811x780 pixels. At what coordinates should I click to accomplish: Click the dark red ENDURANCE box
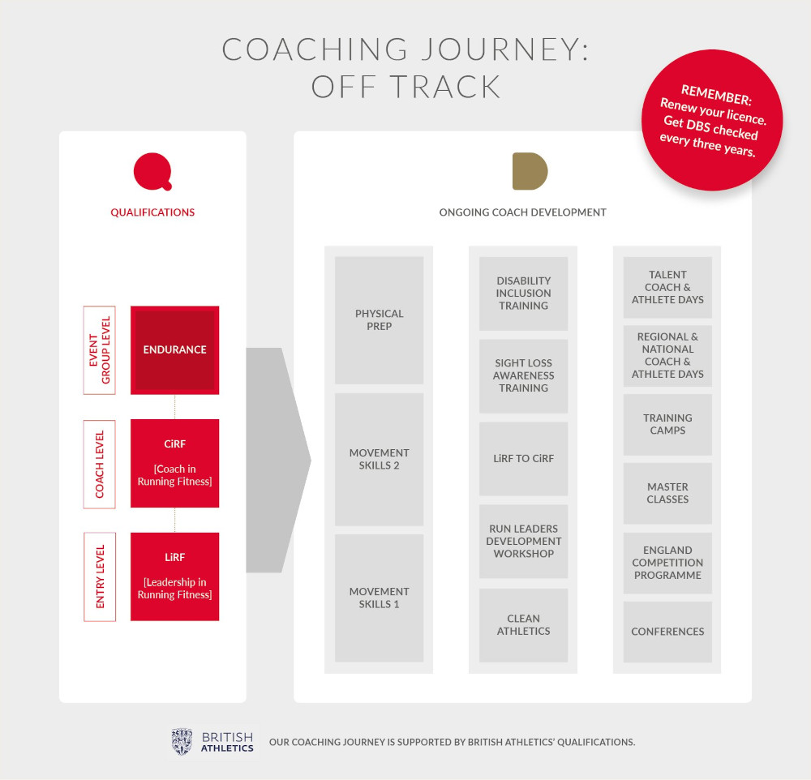coord(175,350)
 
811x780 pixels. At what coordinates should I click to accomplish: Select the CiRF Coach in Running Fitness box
coord(175,463)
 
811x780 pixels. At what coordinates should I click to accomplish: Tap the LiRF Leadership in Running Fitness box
coord(175,576)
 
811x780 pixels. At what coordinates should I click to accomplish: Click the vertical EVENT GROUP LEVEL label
coord(99,350)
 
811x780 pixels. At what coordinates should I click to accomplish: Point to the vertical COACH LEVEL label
coord(99,464)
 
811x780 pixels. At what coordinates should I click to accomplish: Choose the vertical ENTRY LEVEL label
coord(99,576)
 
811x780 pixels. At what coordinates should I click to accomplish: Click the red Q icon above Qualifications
coord(152,171)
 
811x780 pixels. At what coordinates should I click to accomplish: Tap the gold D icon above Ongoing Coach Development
coord(530,171)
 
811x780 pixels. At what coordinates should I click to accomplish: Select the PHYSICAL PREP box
coord(379,320)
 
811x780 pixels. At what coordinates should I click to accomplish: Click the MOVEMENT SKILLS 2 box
coord(379,459)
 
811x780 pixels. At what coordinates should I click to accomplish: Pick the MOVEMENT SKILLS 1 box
coord(379,598)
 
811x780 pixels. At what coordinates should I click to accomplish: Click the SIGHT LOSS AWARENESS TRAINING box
coord(523,376)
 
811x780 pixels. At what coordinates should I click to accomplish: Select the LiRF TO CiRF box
coord(523,459)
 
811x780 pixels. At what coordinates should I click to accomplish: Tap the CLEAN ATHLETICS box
coord(523,625)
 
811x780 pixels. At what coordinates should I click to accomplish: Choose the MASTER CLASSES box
coord(667,494)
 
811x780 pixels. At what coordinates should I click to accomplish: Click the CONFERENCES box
coord(667,632)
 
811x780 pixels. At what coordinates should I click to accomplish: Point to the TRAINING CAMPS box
coord(667,425)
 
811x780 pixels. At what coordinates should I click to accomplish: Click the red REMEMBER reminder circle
coord(712,120)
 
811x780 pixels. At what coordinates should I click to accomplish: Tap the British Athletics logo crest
coord(182,742)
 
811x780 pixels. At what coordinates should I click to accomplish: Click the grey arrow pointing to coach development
coord(278,461)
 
